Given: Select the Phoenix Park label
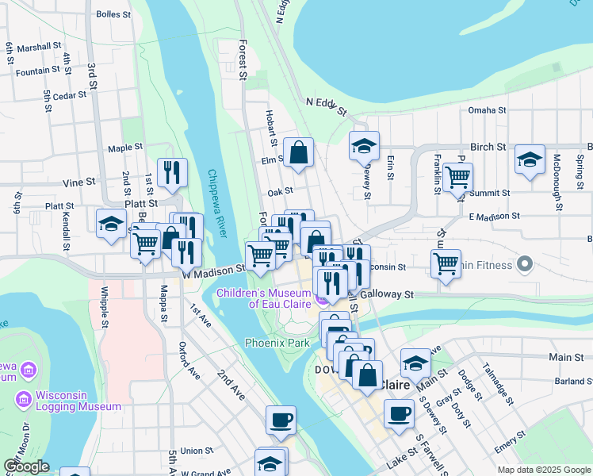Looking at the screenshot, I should point(277,343).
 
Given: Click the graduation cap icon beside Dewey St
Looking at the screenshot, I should point(364,145).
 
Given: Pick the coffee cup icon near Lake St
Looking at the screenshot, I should point(399,413).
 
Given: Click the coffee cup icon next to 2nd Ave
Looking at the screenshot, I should point(281,419).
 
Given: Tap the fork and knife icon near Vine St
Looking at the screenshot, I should point(172,172).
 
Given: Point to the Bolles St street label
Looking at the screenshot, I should point(113,14).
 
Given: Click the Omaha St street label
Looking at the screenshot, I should point(487,110).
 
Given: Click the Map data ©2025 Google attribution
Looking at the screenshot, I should point(543,470).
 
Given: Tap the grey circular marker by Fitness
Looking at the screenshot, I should point(523,263).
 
